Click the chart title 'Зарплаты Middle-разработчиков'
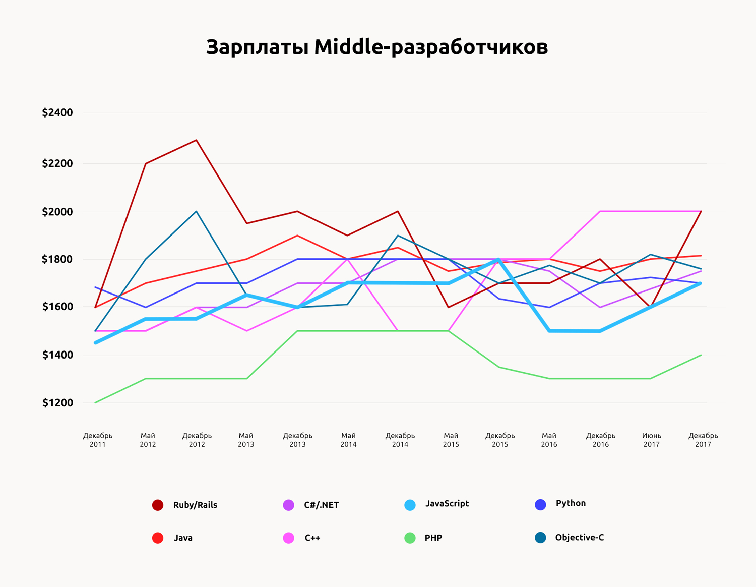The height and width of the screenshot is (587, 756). [x=377, y=47]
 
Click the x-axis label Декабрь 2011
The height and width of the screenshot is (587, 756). [x=98, y=440]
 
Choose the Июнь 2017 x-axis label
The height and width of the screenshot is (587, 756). [x=651, y=440]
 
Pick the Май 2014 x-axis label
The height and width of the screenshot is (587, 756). [x=348, y=440]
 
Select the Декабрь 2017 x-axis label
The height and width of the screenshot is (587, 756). [x=703, y=440]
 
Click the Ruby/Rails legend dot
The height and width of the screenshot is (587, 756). [x=158, y=505]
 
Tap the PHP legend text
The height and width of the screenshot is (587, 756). [x=433, y=538]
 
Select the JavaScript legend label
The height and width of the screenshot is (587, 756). [x=447, y=504]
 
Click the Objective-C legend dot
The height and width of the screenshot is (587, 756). [x=540, y=538]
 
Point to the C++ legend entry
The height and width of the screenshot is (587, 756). [x=312, y=538]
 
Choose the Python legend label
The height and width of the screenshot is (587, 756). [x=571, y=503]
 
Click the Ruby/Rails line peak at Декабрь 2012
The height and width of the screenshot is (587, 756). [x=196, y=140]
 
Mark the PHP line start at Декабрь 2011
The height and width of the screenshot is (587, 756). [x=95, y=402]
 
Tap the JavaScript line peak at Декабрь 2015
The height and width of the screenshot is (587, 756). [x=498, y=260]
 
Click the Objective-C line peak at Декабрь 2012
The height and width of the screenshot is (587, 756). [x=196, y=211]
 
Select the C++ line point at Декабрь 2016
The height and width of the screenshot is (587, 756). [x=600, y=211]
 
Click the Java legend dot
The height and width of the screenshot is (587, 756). [x=158, y=538]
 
